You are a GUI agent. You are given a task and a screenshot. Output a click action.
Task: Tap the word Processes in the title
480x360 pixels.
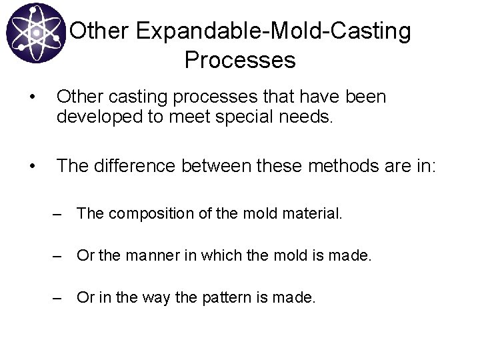click(x=240, y=60)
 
